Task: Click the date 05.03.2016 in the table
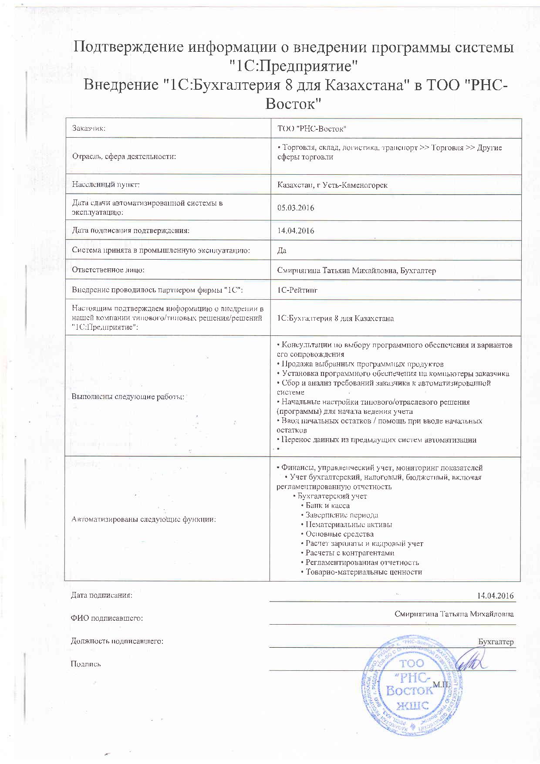[x=296, y=208]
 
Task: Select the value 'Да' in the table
[x=282, y=250]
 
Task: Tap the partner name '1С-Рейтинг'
[x=297, y=290]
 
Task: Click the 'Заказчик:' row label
[x=89, y=128]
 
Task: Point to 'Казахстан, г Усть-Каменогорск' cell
[x=332, y=185]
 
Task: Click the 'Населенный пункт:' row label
[x=106, y=185]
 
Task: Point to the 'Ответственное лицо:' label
[x=108, y=270]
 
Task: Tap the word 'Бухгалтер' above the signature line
[x=496, y=642]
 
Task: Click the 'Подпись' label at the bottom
[x=86, y=664]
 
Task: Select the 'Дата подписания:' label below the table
[x=101, y=595]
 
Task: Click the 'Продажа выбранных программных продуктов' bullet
[x=362, y=364]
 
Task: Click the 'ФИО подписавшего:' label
[x=107, y=618]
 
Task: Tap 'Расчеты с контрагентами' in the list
[x=350, y=553]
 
